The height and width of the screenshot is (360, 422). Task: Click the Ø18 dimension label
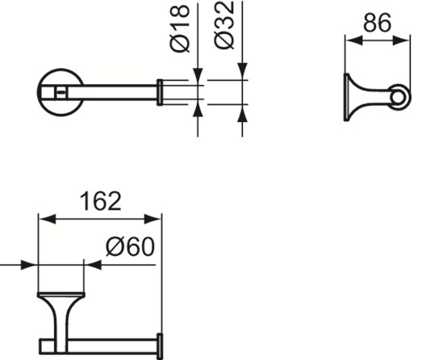(x=180, y=28)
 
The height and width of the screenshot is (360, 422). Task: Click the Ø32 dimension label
(x=224, y=25)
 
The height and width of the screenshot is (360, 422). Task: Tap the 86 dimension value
(x=377, y=23)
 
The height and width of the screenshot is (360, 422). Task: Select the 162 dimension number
(x=101, y=201)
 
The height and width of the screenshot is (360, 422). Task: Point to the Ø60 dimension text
(x=130, y=247)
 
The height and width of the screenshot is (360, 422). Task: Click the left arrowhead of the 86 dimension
(x=353, y=41)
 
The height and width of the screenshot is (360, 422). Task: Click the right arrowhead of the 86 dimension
(x=401, y=41)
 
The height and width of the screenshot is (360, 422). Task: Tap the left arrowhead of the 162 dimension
(x=48, y=219)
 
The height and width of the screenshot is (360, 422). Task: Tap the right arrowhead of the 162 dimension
(x=153, y=219)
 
